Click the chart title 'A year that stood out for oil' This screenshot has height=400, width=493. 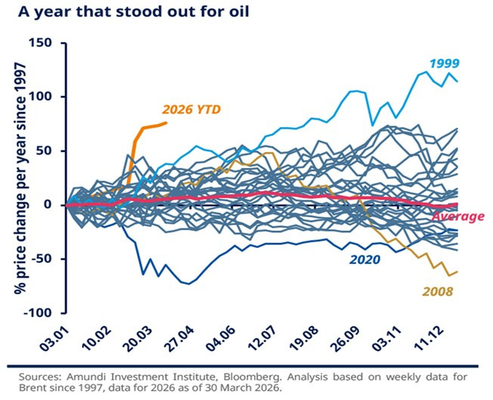[133, 11]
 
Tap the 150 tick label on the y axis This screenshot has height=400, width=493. [40, 42]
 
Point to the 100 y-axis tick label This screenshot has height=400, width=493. [40, 97]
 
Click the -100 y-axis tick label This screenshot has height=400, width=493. [38, 313]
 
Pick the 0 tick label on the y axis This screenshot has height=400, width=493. [48, 205]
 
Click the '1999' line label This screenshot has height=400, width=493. [445, 64]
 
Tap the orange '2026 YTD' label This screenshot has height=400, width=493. [191, 110]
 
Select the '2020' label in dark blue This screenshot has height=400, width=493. [365, 260]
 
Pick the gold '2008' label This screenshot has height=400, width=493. [437, 292]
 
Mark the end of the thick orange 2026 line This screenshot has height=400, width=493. [166, 122]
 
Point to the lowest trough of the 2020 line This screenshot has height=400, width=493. [188, 284]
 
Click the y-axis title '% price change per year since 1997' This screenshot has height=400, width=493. [20, 178]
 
